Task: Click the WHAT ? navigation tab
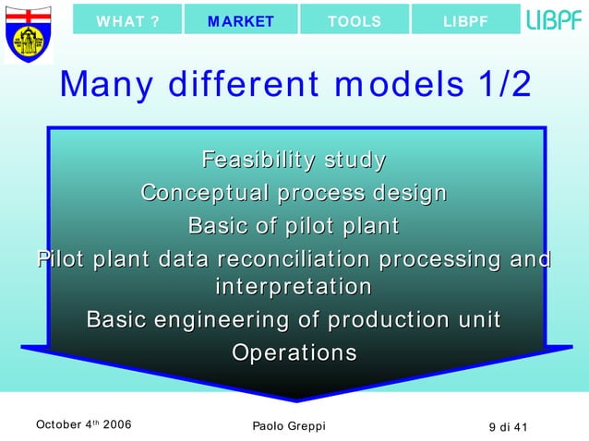pyautogui.click(x=126, y=21)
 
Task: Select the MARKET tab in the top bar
pyautogui.click(x=241, y=21)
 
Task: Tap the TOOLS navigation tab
pyautogui.click(x=355, y=21)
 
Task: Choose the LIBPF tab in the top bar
pyautogui.click(x=465, y=21)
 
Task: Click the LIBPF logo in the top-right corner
pyautogui.click(x=554, y=19)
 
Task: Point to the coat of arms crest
pyautogui.click(x=27, y=32)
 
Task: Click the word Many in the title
pyautogui.click(x=101, y=85)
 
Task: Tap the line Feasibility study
pyautogui.click(x=294, y=161)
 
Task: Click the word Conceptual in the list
pyautogui.click(x=205, y=193)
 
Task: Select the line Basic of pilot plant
pyautogui.click(x=294, y=225)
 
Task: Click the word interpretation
pyautogui.click(x=294, y=287)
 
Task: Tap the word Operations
pyautogui.click(x=294, y=352)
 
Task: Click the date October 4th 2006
pyautogui.click(x=82, y=424)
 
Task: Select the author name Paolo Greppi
pyautogui.click(x=288, y=425)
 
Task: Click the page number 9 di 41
pyautogui.click(x=508, y=425)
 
